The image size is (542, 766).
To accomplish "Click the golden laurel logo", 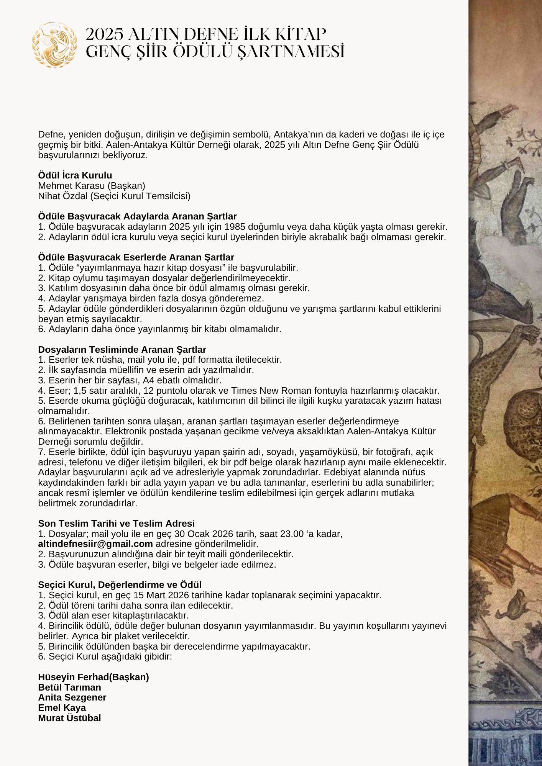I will (54, 44).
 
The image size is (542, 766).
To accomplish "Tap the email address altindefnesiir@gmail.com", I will (95, 544).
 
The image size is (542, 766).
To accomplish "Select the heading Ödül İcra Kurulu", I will (75, 175).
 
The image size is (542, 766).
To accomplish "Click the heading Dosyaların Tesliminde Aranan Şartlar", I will (122, 350).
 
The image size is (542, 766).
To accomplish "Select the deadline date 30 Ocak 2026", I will (202, 534).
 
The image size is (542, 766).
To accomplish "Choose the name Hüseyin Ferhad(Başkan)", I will (94, 677).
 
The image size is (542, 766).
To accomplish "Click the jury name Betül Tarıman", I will (69, 687).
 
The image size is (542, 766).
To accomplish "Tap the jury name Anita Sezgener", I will (72, 697).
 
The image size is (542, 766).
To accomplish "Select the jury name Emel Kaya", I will (62, 708).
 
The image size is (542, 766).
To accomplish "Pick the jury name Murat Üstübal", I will (69, 718).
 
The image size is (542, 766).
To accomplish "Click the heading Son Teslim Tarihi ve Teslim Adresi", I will (116, 524).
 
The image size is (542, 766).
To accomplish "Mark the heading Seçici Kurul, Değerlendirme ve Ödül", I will (120, 585).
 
